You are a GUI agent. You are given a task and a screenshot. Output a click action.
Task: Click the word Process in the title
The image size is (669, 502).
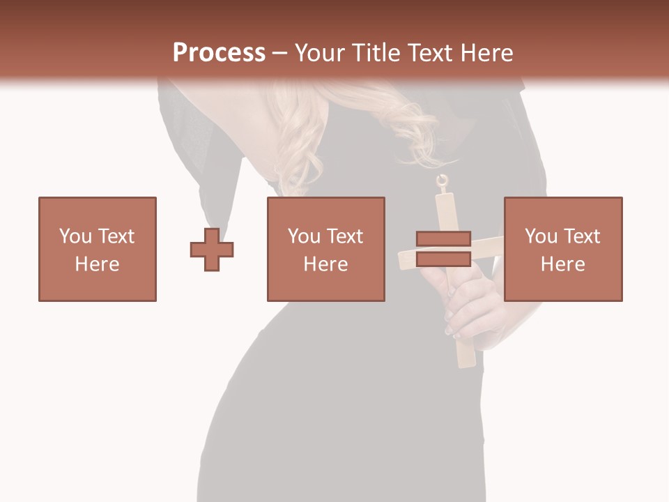click(x=219, y=53)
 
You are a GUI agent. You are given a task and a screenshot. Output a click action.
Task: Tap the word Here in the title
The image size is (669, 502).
click(x=485, y=53)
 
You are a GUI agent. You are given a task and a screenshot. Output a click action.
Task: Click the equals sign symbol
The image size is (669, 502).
click(x=443, y=249)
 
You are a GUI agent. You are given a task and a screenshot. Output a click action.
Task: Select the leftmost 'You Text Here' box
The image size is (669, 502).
click(x=98, y=249)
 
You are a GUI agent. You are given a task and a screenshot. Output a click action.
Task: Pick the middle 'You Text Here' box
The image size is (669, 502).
click(x=326, y=249)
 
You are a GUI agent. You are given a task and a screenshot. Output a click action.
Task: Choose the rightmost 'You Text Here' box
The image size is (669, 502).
click(x=563, y=249)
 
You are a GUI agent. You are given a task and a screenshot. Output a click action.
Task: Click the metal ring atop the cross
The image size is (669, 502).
click(x=442, y=183)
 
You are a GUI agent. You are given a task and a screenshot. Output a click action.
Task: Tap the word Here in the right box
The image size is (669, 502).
click(x=563, y=264)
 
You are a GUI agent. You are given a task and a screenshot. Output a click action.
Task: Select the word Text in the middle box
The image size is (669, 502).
click(x=345, y=236)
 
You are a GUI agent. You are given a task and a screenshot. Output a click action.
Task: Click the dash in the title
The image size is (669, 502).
click(x=280, y=53)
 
